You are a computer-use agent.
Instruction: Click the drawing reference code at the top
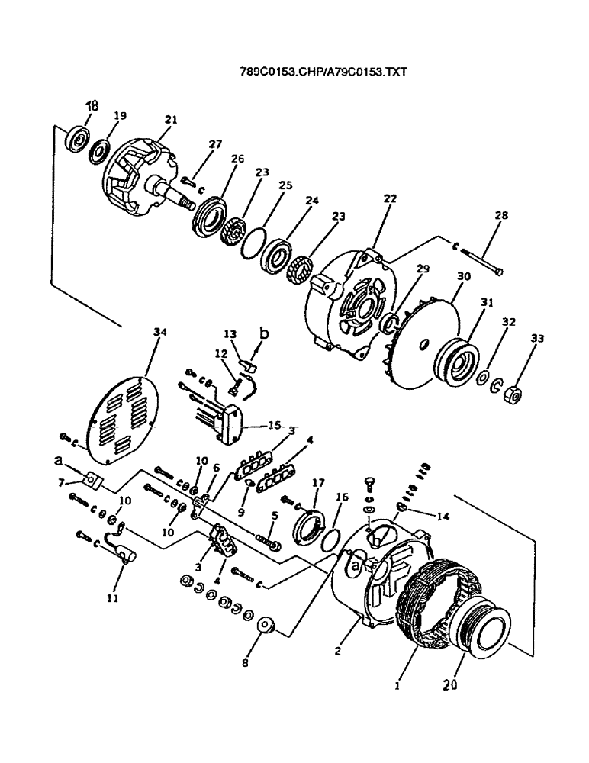coord(324,72)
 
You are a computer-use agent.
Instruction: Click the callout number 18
coord(92,106)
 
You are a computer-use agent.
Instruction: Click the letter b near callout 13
coord(264,333)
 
